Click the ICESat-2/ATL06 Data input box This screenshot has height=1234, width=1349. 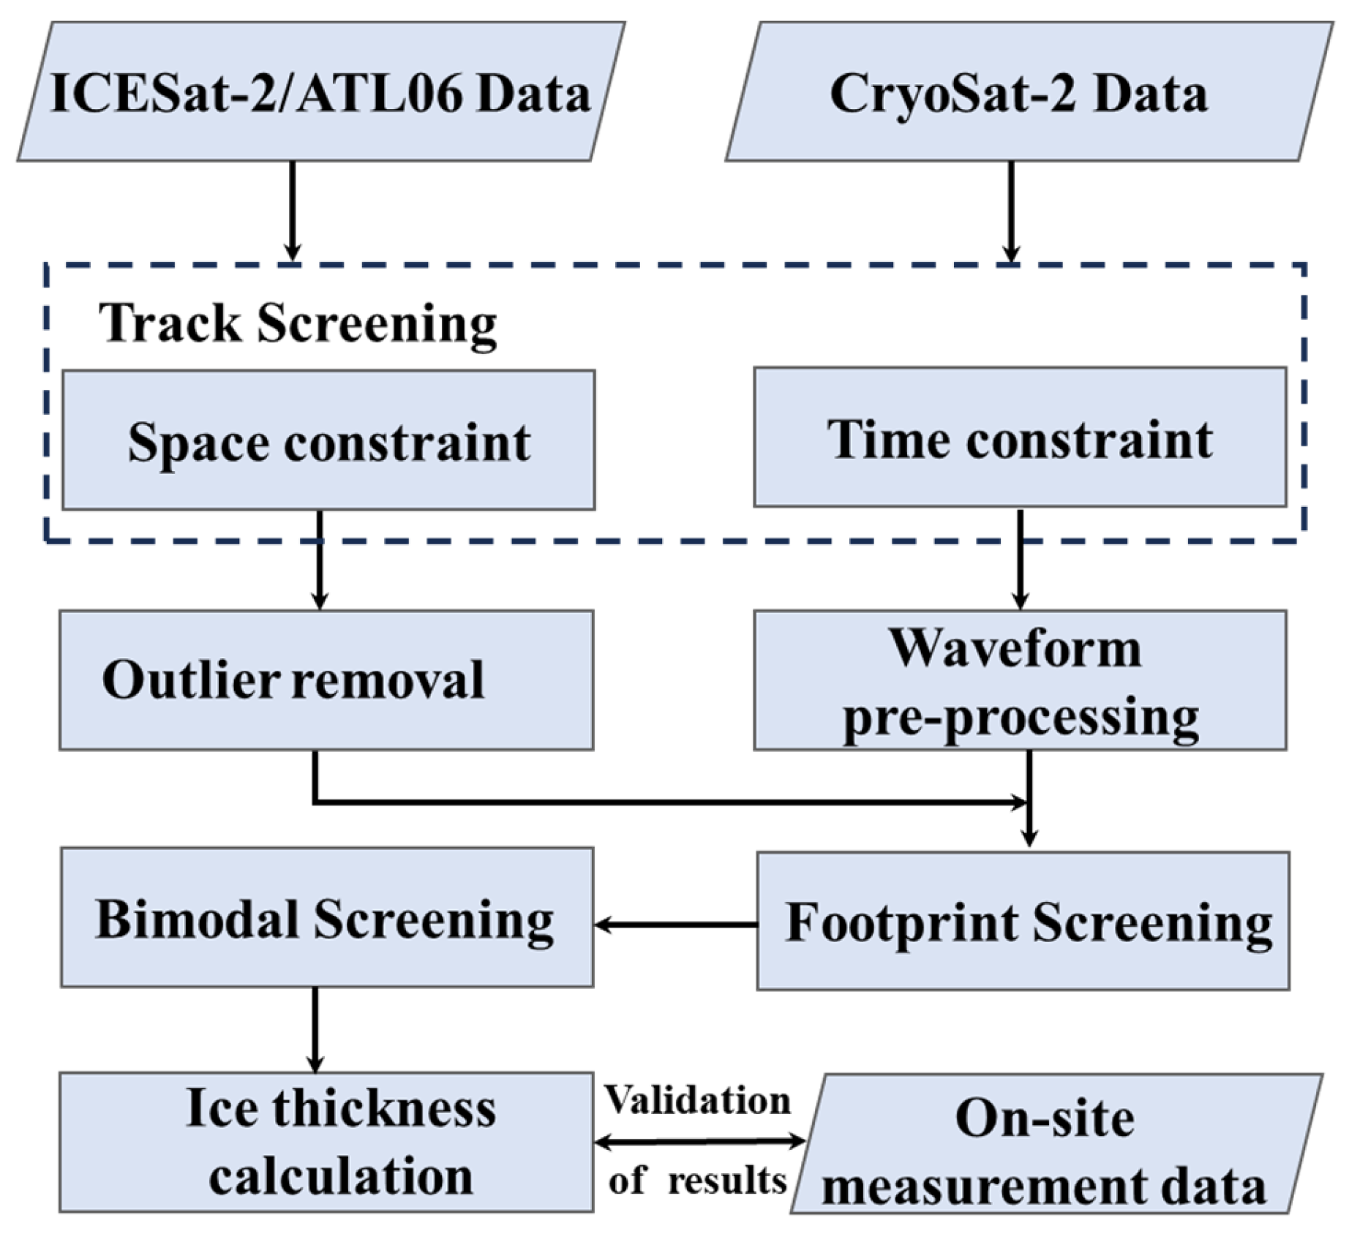(320, 91)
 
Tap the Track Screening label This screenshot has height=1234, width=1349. (298, 323)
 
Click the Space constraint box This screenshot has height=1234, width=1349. (328, 440)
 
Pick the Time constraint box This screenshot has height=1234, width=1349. (1020, 437)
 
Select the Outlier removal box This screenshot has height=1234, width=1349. (326, 680)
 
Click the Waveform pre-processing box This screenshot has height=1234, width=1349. (1020, 680)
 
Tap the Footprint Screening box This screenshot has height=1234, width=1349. (1023, 921)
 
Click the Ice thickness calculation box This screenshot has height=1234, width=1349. (326, 1142)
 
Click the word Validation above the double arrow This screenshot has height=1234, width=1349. (697, 1100)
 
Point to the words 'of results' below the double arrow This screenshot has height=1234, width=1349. (697, 1181)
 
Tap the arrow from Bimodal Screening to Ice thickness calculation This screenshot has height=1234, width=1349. (315, 1028)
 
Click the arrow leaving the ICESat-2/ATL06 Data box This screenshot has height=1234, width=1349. (292, 210)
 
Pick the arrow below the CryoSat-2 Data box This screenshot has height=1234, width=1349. (1011, 210)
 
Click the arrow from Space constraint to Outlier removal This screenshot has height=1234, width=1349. (320, 560)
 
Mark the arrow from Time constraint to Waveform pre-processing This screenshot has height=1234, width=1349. (1020, 560)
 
